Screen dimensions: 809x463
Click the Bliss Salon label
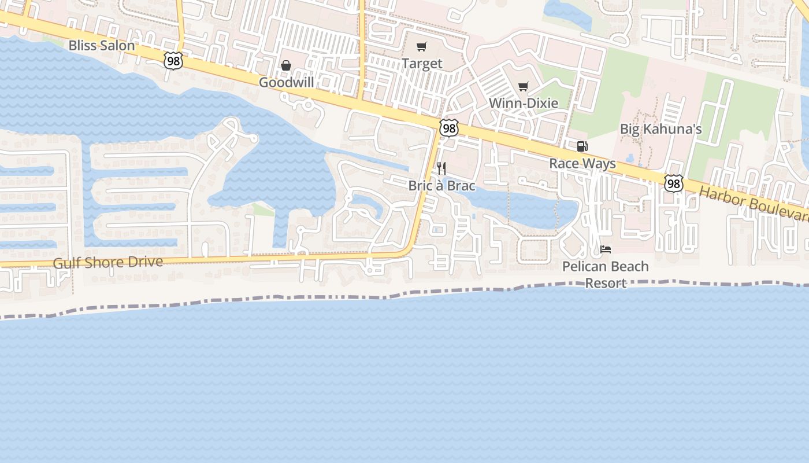[101, 45]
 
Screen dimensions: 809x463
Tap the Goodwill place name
[286, 82]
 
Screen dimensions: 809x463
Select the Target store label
[422, 64]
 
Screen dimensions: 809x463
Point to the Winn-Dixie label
[524, 103]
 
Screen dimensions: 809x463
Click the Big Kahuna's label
[660, 128]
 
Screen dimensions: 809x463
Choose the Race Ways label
[582, 163]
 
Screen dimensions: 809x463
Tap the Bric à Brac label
[441, 186]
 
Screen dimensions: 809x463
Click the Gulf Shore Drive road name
[107, 263]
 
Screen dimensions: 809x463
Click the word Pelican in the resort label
[583, 267]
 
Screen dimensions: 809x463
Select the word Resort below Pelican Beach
[606, 283]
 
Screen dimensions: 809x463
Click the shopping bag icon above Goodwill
[286, 65]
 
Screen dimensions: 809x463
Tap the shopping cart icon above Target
[422, 47]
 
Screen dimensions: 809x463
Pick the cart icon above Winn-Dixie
[524, 87]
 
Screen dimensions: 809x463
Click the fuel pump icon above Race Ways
[582, 146]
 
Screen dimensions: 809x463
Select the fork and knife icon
[441, 168]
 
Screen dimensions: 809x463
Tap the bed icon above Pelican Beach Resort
[606, 249]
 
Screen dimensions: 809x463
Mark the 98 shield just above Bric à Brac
[448, 128]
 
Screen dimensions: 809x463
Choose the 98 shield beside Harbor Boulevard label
[673, 183]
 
